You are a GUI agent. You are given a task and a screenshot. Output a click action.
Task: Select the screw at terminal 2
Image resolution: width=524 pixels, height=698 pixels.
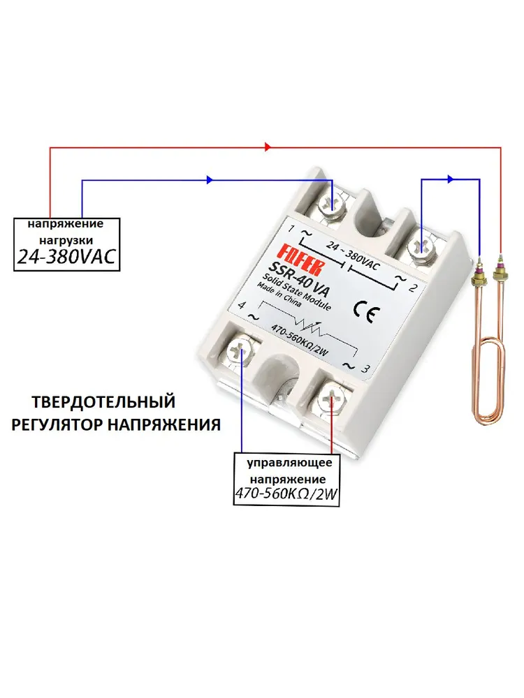(x=421, y=246)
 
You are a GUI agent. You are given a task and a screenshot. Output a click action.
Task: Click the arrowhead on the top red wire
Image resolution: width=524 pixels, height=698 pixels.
(x=268, y=147)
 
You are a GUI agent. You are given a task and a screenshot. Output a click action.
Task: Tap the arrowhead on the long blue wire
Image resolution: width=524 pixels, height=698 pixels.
(x=210, y=180)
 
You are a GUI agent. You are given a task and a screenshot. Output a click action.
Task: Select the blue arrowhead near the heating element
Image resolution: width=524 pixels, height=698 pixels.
(x=451, y=179)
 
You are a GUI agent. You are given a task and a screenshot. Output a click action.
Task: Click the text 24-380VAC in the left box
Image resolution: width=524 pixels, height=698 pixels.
(x=66, y=258)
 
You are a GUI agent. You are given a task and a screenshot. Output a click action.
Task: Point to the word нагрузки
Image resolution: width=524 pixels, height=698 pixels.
(x=66, y=240)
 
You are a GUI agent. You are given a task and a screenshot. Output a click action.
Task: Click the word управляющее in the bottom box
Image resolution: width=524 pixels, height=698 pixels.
(x=290, y=463)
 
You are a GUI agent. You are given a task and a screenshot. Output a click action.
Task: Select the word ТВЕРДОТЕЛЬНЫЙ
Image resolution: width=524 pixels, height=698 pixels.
(x=103, y=402)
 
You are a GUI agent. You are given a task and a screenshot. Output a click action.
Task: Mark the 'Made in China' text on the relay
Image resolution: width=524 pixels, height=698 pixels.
(x=279, y=295)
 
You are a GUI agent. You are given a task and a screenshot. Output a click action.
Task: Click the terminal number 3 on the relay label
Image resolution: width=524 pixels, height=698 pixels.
(x=365, y=369)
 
